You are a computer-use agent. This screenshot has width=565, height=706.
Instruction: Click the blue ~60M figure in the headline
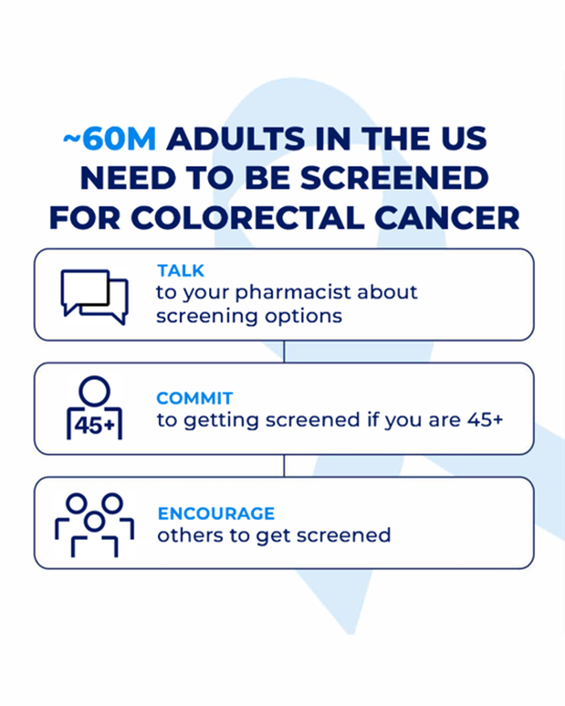click(109, 139)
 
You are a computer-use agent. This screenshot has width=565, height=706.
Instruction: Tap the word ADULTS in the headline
click(236, 139)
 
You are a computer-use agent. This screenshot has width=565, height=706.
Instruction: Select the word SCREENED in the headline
click(394, 178)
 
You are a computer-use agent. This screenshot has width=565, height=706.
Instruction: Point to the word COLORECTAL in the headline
click(248, 218)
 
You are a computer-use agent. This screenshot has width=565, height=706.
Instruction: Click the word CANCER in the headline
click(447, 218)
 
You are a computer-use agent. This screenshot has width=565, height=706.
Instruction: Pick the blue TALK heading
click(180, 271)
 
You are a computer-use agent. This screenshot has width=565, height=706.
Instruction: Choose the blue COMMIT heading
click(195, 398)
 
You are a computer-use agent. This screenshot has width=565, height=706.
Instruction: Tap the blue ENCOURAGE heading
click(216, 514)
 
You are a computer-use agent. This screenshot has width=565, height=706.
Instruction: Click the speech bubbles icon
click(95, 297)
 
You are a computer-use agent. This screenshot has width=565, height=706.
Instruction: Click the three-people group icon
click(95, 525)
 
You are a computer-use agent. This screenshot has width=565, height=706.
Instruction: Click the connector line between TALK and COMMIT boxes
click(284, 351)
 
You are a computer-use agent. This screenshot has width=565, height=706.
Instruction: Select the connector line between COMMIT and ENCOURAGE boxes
click(284, 465)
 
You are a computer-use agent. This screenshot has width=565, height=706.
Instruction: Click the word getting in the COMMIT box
click(221, 421)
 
